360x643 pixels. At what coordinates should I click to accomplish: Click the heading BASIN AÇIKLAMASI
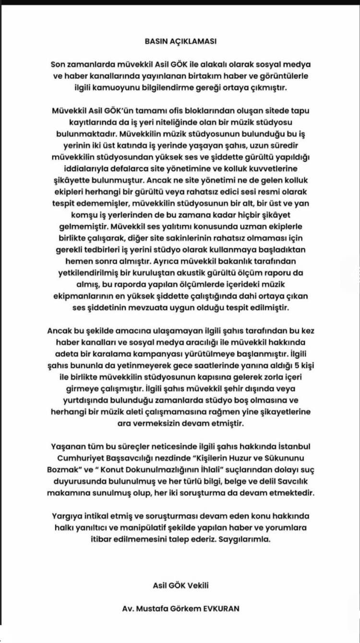[180, 41]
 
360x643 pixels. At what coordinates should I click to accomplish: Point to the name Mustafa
[151, 607]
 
